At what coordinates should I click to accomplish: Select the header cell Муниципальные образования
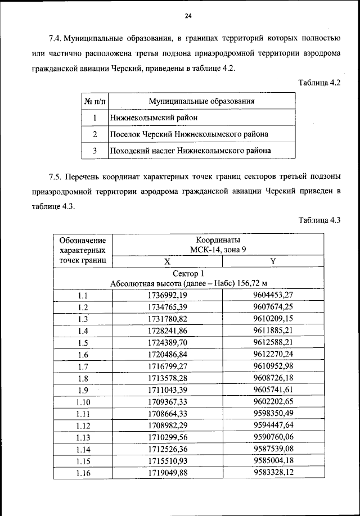201,101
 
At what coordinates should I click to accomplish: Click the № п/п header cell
94,101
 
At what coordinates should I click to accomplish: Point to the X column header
167,262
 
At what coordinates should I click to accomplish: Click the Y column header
273,262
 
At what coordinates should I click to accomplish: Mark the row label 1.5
83,343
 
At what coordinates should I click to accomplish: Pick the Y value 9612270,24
274,355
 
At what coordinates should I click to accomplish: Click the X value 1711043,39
167,390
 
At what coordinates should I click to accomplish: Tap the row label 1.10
83,402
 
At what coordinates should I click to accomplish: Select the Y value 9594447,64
274,426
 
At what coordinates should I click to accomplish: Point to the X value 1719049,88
167,473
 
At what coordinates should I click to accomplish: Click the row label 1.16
83,473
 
